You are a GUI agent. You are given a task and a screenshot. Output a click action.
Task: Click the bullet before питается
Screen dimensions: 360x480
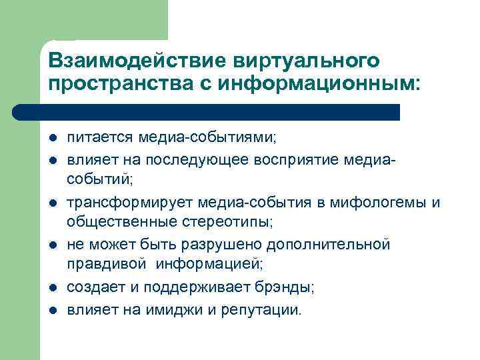point(53,138)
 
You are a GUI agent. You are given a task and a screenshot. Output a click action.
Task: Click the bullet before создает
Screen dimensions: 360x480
point(53,287)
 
